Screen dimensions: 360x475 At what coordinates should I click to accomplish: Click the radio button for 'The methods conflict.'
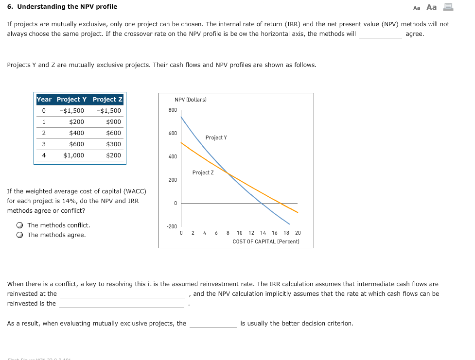pyautogui.click(x=19, y=225)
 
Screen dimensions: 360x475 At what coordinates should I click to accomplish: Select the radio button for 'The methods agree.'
pyautogui.click(x=19, y=235)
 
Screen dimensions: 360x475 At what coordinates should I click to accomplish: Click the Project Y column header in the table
pyautogui.click(x=71, y=100)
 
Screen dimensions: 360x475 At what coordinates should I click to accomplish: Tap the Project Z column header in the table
pyautogui.click(x=107, y=100)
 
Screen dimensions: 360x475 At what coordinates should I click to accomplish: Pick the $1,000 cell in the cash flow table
pyautogui.click(x=73, y=155)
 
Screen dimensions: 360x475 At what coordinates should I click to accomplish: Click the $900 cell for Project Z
pyautogui.click(x=113, y=122)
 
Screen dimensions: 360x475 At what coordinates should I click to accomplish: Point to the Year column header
pyautogui.click(x=44, y=100)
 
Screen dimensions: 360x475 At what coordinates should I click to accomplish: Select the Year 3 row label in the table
pyautogui.click(x=44, y=144)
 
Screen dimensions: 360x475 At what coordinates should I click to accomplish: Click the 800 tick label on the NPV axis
pyautogui.click(x=173, y=110)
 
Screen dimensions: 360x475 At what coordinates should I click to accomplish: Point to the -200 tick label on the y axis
pyautogui.click(x=172, y=227)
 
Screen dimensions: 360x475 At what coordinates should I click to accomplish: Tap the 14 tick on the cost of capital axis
pyautogui.click(x=263, y=233)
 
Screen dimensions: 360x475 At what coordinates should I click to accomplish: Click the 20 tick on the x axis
pyautogui.click(x=298, y=233)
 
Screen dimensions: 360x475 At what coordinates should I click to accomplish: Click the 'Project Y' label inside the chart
pyautogui.click(x=216, y=138)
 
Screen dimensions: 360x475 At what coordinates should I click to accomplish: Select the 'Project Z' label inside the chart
pyautogui.click(x=203, y=173)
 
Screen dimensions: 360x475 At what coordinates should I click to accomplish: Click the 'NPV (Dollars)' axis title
pyautogui.click(x=191, y=100)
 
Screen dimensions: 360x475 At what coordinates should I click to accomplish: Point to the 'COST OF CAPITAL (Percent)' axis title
pyautogui.click(x=266, y=241)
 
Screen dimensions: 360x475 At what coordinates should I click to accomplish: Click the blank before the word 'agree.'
pyautogui.click(x=380, y=34)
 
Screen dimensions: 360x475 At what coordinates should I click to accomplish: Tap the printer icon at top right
pyautogui.click(x=448, y=7)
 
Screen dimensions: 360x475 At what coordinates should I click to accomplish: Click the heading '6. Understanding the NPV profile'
pyautogui.click(x=62, y=7)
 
